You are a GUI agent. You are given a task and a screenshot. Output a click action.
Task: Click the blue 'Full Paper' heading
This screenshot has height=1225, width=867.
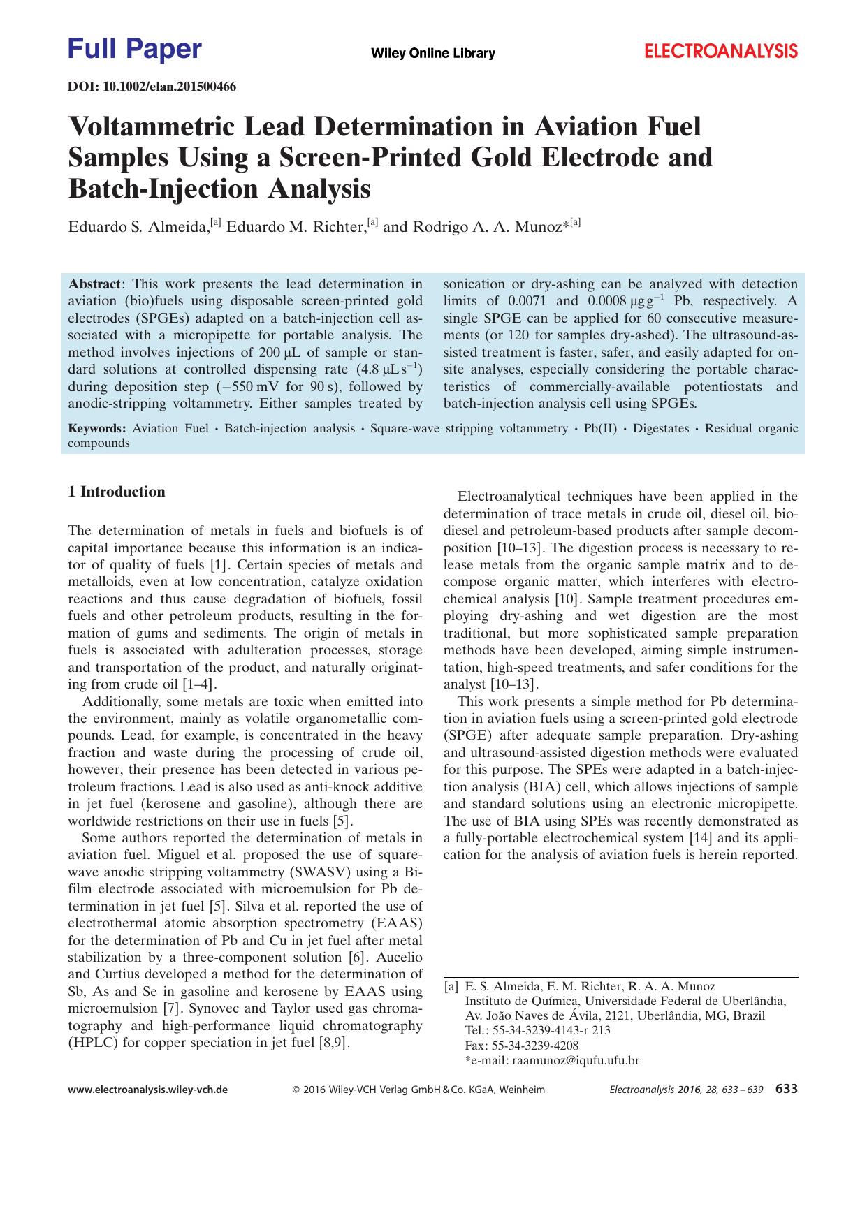(135, 50)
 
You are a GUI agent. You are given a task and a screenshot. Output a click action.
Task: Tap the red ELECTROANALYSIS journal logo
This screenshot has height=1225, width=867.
(720, 51)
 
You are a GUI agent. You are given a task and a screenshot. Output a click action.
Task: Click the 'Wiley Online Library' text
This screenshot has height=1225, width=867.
(432, 53)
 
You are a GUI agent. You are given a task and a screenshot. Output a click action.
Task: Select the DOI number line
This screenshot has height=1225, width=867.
(152, 87)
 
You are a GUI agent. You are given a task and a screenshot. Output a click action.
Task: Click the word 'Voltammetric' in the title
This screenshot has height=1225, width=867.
(184, 128)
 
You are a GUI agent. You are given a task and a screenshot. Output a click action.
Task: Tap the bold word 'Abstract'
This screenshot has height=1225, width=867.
(94, 284)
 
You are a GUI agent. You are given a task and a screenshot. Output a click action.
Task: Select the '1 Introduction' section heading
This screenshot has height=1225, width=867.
(117, 492)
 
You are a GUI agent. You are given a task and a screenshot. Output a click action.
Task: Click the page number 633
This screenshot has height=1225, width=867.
(787, 1089)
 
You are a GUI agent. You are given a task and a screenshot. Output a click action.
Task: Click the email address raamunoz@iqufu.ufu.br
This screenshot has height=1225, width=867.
(576, 1060)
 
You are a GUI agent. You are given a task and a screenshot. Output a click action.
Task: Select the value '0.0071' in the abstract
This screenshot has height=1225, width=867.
(528, 301)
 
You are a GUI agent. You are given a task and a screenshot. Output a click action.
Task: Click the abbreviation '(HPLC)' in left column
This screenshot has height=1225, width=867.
(94, 1043)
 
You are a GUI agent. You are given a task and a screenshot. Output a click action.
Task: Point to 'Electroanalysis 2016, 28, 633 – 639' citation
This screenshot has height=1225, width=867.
(687, 1090)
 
